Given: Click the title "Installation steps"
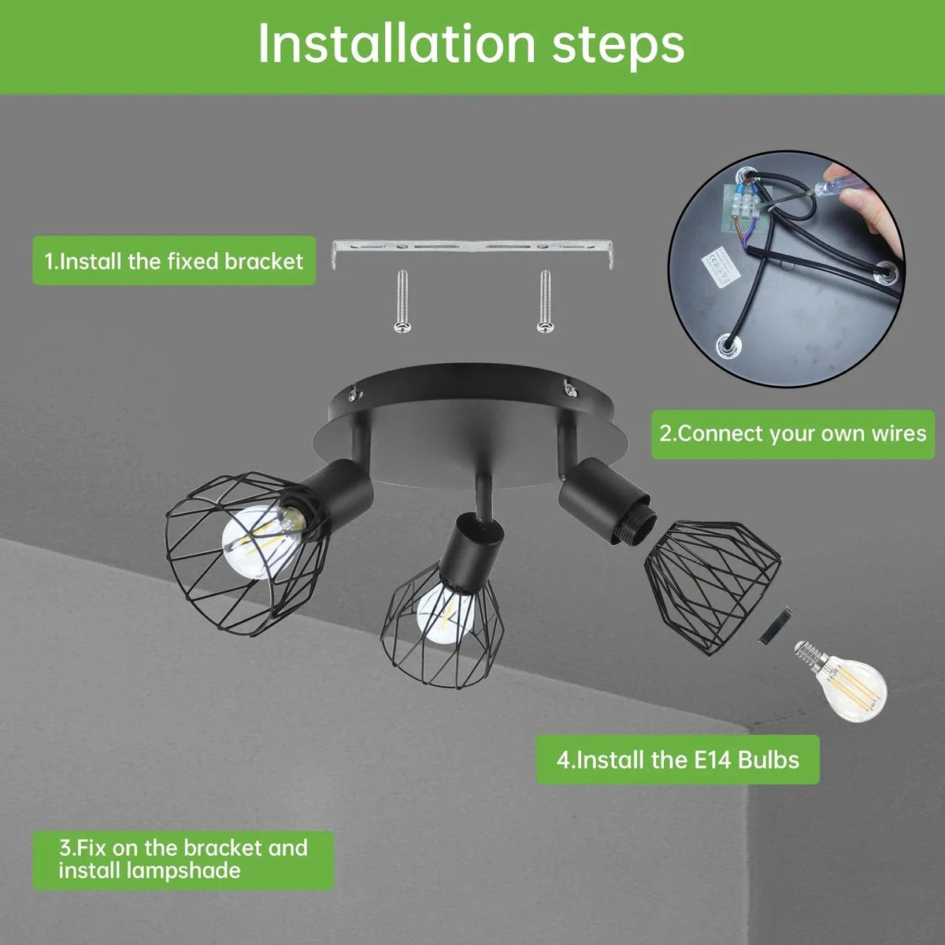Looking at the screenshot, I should [x=471, y=45].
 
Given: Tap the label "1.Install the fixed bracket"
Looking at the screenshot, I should [x=173, y=261].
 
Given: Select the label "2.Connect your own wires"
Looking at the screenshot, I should [x=793, y=433].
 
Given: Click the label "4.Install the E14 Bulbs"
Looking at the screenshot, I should [x=678, y=760].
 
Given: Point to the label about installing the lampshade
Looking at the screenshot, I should [x=183, y=859].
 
